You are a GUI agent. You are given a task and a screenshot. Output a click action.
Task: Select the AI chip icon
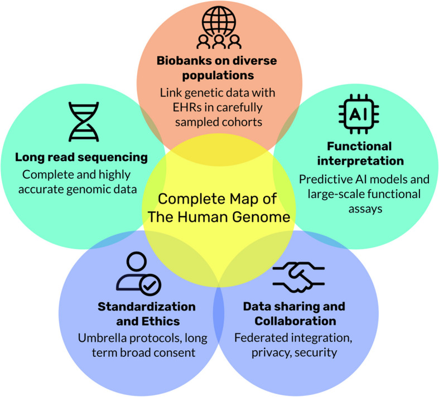357,115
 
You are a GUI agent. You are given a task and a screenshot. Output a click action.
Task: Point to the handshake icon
295,278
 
